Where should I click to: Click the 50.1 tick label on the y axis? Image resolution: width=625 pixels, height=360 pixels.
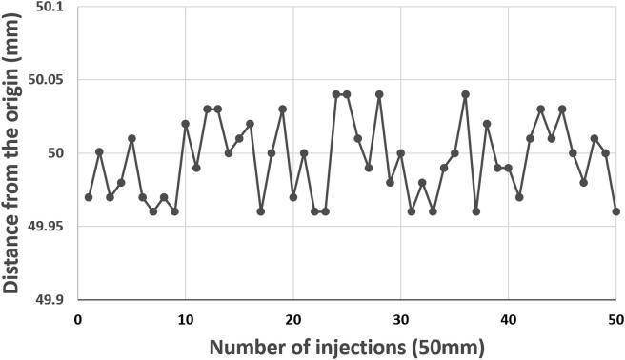[50, 8]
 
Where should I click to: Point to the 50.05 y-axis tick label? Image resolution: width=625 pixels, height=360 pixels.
[46, 81]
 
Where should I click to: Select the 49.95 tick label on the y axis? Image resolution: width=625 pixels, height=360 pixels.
[46, 227]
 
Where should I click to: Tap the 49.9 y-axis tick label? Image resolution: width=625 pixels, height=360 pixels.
[50, 299]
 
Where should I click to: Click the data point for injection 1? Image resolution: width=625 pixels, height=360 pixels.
[89, 197]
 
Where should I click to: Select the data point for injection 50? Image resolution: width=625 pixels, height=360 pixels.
[616, 211]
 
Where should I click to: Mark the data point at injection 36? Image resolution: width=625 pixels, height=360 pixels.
[466, 94]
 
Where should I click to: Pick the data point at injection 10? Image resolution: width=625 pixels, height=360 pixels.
[186, 124]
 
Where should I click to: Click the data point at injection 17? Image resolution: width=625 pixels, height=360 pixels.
[261, 211]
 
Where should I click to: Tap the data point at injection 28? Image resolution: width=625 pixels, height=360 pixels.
[379, 94]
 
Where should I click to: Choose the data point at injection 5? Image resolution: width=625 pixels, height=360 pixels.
[131, 138]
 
